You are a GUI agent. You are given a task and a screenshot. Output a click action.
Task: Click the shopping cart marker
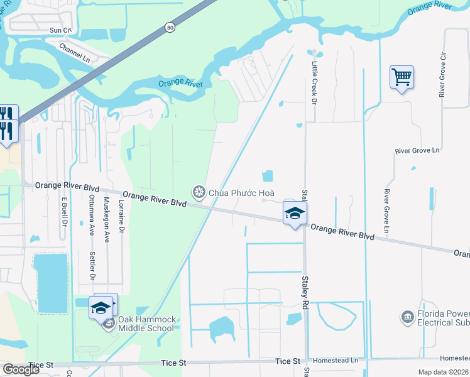(x=402, y=78)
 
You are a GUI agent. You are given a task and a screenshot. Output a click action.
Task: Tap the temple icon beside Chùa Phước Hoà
(x=199, y=191)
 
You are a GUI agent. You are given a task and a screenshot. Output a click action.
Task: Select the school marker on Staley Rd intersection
(x=295, y=213)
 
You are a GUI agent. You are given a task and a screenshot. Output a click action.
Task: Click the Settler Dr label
(x=92, y=266)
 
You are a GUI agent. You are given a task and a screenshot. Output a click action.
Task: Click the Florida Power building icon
(x=408, y=317)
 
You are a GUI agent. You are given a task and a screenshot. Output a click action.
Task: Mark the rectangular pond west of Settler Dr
(x=51, y=283)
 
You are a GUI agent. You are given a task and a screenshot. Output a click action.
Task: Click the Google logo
(x=21, y=369)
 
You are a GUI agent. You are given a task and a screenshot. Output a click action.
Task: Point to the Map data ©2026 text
(x=444, y=372)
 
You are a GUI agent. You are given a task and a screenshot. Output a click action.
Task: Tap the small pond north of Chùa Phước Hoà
(x=268, y=178)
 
